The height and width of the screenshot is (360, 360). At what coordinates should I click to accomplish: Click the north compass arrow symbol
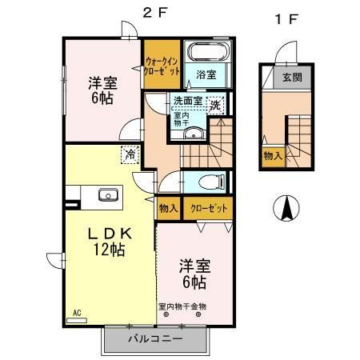tap(285, 209)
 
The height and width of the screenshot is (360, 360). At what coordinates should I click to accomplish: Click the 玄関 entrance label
tap(291, 78)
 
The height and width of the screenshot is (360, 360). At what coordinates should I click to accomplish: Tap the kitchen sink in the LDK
tap(106, 194)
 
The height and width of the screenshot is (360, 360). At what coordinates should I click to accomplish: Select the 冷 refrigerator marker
tap(128, 154)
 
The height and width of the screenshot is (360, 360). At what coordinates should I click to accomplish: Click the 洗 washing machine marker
tap(215, 105)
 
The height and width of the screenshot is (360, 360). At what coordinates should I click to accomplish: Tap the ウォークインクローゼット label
tap(162, 62)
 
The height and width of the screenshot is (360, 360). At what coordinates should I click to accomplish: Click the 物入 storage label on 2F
tap(168, 208)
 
